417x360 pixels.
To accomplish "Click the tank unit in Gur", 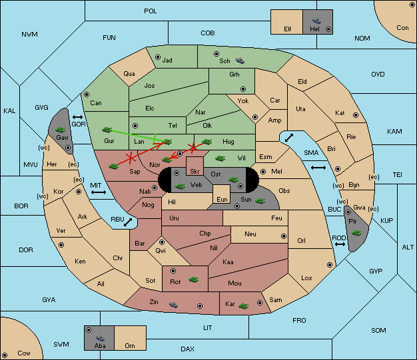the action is click(107, 130).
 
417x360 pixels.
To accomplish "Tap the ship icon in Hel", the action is click(316, 21).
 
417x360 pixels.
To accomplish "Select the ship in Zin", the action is click(173, 305).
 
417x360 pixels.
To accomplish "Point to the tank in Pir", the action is click(356, 233).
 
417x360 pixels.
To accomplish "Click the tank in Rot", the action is click(194, 279).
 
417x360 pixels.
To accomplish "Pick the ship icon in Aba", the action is click(101, 337).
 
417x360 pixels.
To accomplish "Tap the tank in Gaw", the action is click(61, 130).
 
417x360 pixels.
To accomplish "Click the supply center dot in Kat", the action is click(356, 115).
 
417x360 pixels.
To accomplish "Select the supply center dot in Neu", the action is click(284, 236).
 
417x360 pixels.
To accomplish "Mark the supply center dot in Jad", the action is click(158, 57).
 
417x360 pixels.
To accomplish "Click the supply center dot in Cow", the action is click(5, 355).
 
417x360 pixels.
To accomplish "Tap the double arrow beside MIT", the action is click(99, 192).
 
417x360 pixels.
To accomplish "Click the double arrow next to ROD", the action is click(340, 244).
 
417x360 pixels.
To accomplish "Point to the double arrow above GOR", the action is click(78, 117).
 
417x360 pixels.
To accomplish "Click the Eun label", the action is click(222, 200).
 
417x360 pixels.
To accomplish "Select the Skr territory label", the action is click(195, 172).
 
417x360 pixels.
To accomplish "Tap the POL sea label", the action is click(151, 11).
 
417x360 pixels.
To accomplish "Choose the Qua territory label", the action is click(129, 74).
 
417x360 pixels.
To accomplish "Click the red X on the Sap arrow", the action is click(131, 158).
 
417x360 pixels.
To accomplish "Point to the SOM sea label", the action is click(378, 331).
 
